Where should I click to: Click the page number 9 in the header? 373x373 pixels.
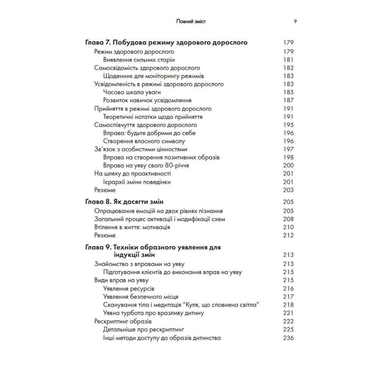295,22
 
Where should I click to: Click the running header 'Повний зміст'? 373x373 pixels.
191,22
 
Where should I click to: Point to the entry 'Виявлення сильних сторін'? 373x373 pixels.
139,60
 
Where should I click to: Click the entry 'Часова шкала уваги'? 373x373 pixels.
129,92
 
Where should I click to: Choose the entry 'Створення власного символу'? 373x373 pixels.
144,141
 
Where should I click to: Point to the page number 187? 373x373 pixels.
288,100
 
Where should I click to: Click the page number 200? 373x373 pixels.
288,166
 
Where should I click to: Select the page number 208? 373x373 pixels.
288,219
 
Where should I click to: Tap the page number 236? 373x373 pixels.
288,338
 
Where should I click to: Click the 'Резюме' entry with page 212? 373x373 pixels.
105,235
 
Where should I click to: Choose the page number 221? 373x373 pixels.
288,313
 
